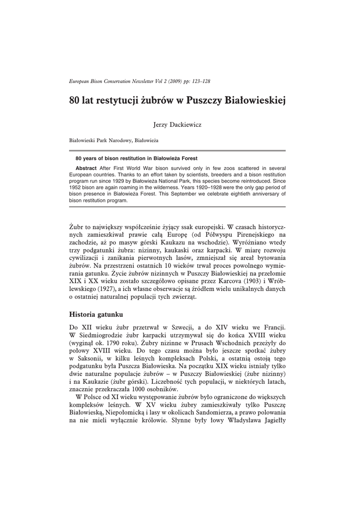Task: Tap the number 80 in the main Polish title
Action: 76,101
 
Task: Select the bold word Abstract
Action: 86,168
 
